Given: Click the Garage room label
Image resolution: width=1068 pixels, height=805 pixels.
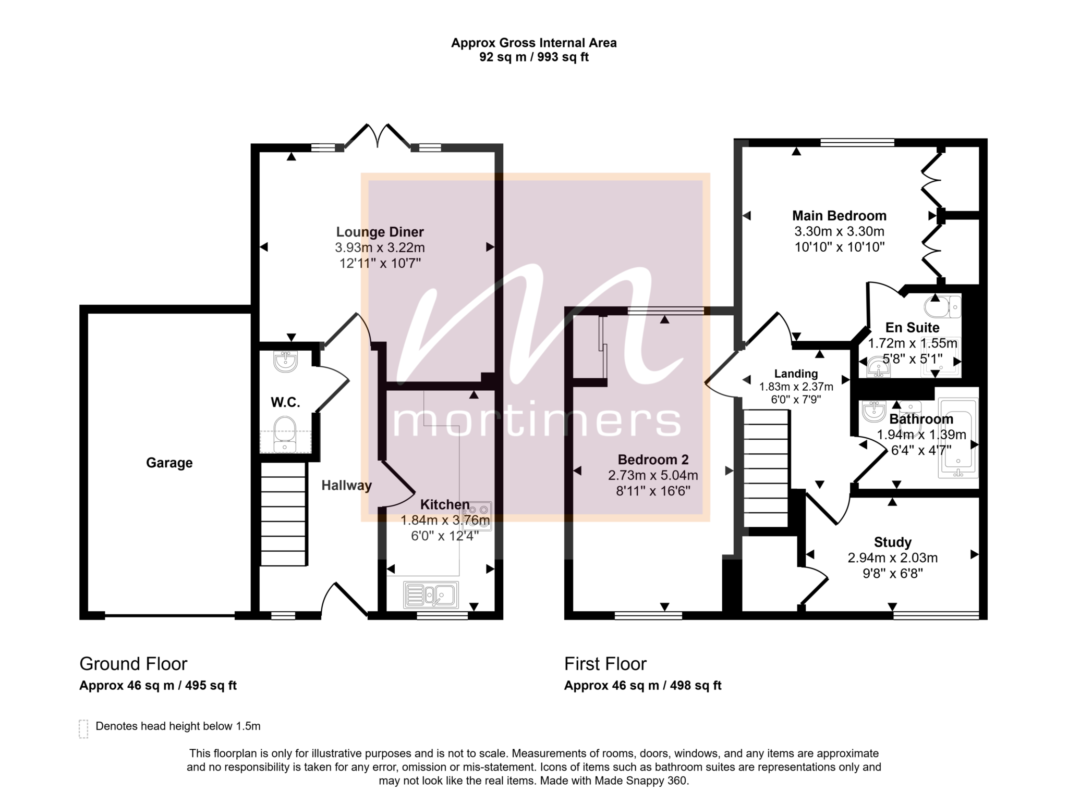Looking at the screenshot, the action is point(169,463).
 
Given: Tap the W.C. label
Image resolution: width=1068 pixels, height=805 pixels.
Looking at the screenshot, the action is point(285,402).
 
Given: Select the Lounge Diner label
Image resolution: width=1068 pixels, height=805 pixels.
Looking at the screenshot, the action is point(380,232).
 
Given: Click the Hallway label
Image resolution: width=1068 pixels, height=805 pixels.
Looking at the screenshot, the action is point(346,486).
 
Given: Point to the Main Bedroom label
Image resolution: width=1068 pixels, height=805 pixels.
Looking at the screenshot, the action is point(839,216).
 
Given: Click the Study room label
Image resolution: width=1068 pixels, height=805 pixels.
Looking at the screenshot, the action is point(893,542).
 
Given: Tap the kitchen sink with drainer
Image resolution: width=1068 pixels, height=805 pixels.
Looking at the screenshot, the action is point(431,595).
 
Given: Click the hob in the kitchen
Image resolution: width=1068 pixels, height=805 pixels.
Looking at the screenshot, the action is point(477,516).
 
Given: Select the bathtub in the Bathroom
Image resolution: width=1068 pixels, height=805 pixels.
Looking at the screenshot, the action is point(958,438).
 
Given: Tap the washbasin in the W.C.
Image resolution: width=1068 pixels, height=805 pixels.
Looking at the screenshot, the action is point(285,361).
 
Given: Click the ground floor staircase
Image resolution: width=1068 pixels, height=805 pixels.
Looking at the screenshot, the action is point(283,514).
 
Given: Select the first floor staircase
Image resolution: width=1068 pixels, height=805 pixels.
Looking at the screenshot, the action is point(766,468).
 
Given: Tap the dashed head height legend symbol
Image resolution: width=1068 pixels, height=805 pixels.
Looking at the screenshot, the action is point(83,729).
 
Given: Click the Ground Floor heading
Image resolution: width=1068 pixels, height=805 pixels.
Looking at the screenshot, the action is point(133,664).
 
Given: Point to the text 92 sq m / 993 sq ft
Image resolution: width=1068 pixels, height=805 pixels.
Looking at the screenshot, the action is point(534,57).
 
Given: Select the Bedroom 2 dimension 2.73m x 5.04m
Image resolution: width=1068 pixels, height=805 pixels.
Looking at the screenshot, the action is point(653,475).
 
